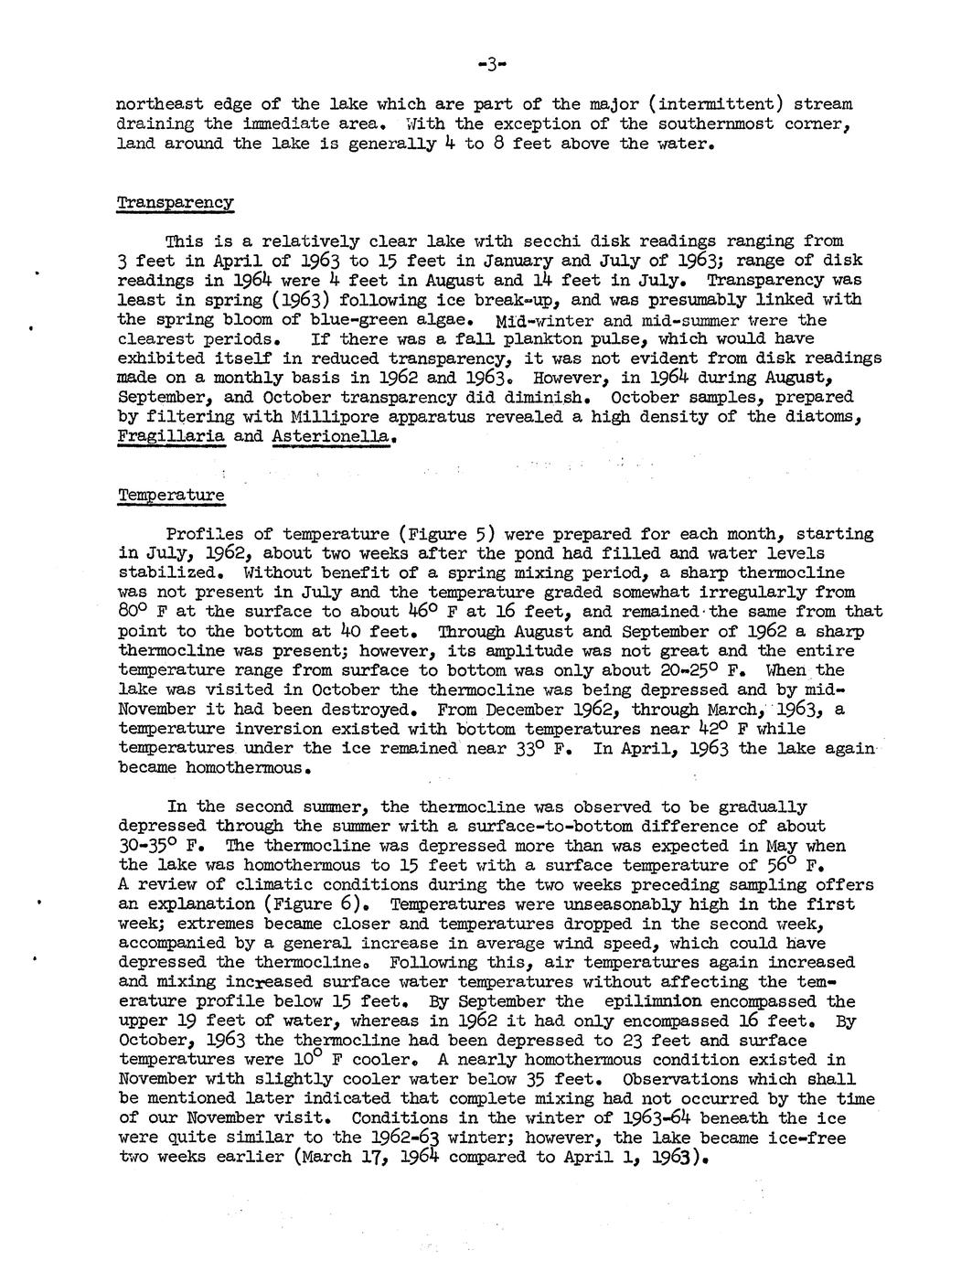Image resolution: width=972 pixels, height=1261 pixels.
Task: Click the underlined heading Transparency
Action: click(176, 202)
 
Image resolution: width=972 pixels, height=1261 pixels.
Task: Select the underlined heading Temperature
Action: click(171, 495)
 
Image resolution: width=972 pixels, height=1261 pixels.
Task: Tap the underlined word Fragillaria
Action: click(171, 436)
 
